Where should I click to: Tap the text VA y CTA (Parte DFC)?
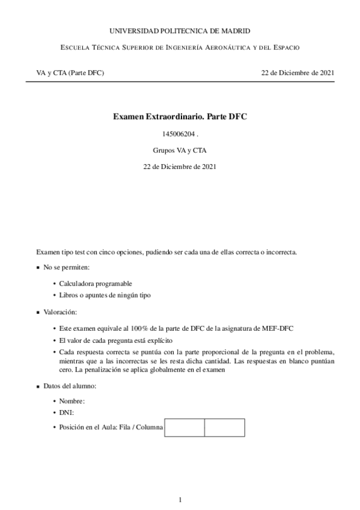tap(70, 73)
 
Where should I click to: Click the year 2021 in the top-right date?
tap(326, 73)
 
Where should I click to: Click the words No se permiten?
tap(66, 267)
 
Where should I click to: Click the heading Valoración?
tap(60, 312)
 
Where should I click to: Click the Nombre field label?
tap(72, 401)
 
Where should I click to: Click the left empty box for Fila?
tap(184, 427)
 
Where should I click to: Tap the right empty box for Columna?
tap(224, 427)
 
